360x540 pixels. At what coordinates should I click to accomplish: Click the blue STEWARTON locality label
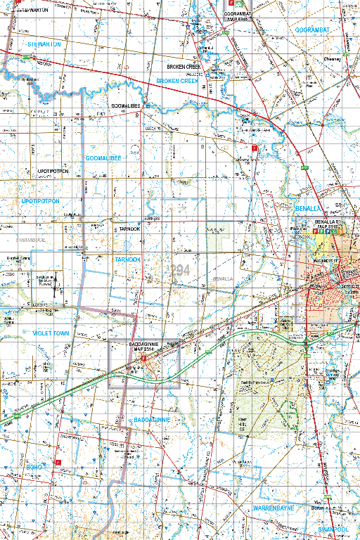point(44,44)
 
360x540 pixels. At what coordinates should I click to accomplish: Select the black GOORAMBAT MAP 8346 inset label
point(238,16)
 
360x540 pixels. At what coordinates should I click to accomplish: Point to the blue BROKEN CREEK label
point(177,81)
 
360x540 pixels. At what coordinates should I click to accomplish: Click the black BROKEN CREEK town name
point(184,67)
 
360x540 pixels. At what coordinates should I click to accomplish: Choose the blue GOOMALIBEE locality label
point(103,158)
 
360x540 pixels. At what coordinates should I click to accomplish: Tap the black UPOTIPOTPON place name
point(53,171)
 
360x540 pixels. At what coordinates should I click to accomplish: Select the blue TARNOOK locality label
point(128,259)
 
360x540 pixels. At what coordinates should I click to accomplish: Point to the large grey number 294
point(180,269)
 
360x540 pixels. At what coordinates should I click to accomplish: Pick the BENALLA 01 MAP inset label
point(328,226)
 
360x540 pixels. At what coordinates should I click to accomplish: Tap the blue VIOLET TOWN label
point(51,333)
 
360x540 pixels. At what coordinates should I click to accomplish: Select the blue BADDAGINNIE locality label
point(153,420)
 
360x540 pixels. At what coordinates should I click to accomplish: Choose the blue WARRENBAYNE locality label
point(276,507)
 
